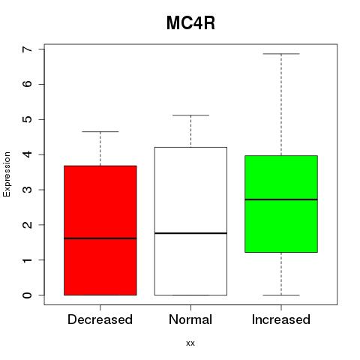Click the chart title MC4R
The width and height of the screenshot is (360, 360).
pyautogui.click(x=190, y=23)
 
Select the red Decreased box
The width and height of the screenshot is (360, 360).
pyautogui.click(x=100, y=230)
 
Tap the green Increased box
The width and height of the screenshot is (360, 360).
pyautogui.click(x=281, y=204)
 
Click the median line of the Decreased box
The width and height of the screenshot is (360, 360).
pyautogui.click(x=100, y=238)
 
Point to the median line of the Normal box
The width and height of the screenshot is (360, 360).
pyautogui.click(x=190, y=233)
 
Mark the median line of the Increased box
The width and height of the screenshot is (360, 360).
pyautogui.click(x=281, y=199)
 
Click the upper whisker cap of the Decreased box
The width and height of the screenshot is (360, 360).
pyautogui.click(x=100, y=131)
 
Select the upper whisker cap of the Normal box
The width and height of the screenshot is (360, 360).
pyautogui.click(x=190, y=115)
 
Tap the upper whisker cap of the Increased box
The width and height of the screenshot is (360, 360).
pyautogui.click(x=281, y=54)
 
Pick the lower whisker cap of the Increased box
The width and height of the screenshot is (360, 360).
pyautogui.click(x=281, y=295)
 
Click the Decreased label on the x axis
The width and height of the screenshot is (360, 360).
pyautogui.click(x=100, y=319)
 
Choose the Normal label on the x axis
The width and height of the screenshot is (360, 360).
pyautogui.click(x=190, y=319)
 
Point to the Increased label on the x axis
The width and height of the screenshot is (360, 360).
pyautogui.click(x=281, y=319)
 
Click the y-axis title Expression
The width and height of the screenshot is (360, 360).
pyautogui.click(x=7, y=174)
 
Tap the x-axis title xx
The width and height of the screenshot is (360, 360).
pyautogui.click(x=190, y=343)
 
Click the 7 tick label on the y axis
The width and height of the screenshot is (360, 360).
pyautogui.click(x=28, y=49)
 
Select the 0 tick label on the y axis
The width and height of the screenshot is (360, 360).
pyautogui.click(x=28, y=295)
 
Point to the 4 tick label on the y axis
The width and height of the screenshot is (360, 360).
pyautogui.click(x=28, y=154)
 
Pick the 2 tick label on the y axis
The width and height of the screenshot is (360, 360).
pyautogui.click(x=28, y=225)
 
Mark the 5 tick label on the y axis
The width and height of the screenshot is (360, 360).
pyautogui.click(x=28, y=119)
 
